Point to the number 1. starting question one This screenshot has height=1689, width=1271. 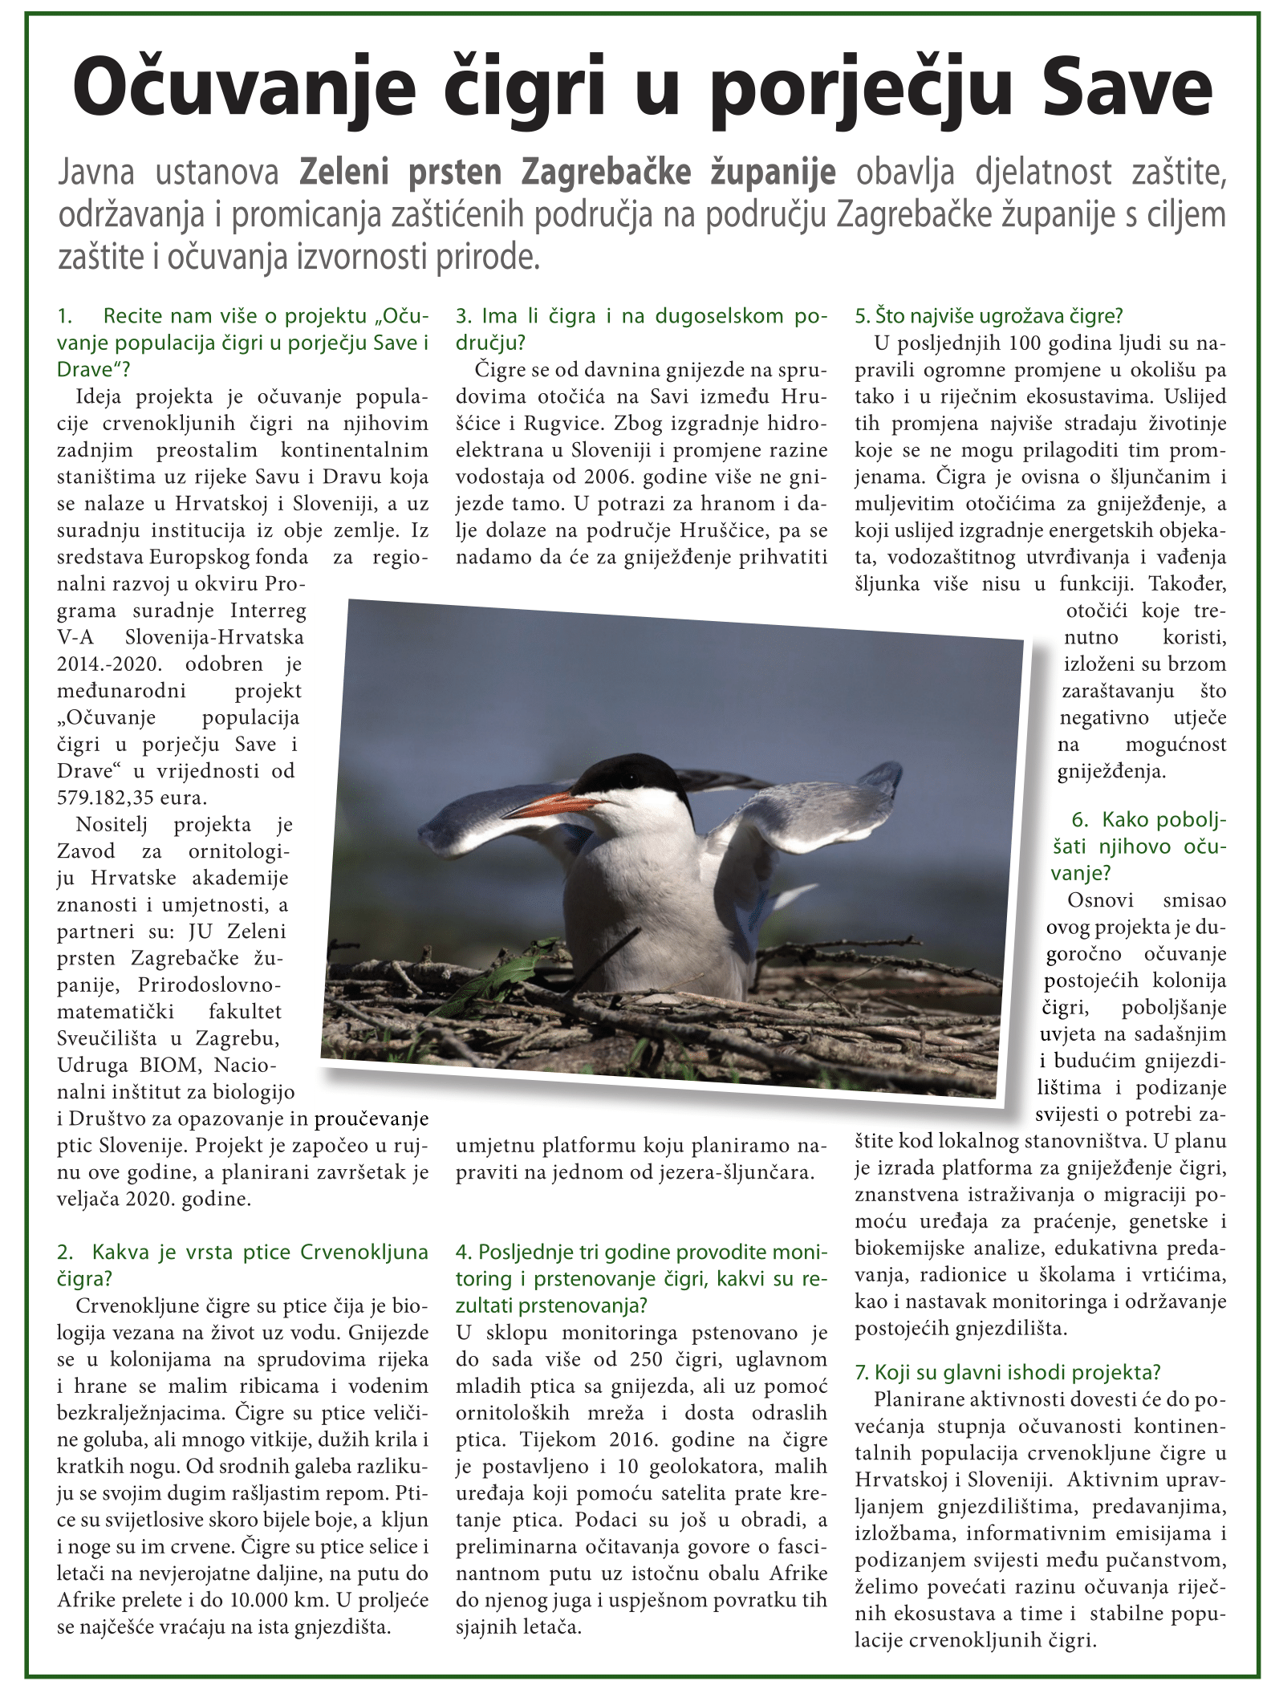coord(66,315)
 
